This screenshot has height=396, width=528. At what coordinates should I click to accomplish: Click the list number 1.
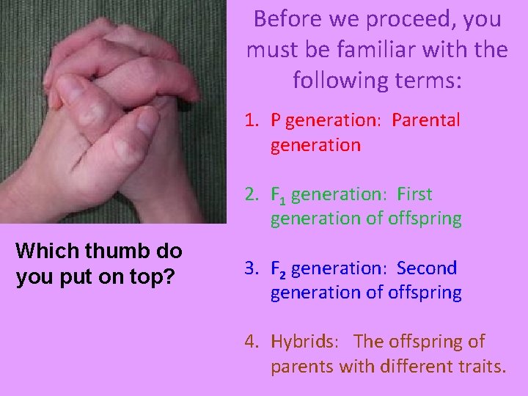click(252, 120)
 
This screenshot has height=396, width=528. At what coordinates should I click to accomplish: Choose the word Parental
click(425, 120)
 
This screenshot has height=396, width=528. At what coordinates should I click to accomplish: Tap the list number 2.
click(252, 194)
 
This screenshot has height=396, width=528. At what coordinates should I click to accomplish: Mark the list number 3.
click(252, 268)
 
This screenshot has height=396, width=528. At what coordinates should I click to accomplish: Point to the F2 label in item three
click(279, 269)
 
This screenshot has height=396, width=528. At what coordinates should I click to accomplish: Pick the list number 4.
click(252, 342)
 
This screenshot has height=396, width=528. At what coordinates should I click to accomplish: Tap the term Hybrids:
click(304, 342)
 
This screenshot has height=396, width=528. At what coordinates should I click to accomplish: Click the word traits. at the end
click(480, 366)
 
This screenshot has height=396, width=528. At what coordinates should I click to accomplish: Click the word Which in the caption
click(46, 251)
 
